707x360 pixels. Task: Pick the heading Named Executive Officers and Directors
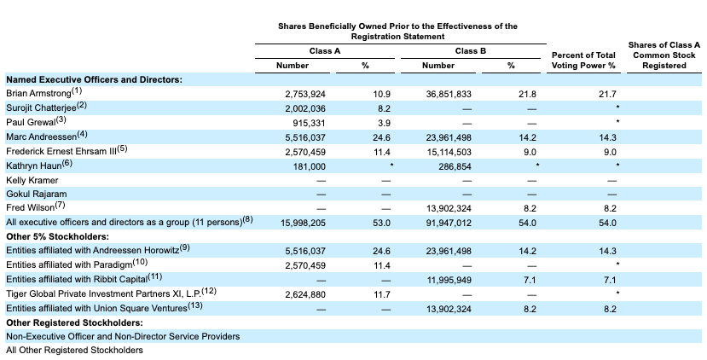coord(94,78)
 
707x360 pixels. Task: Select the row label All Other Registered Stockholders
coord(74,350)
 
